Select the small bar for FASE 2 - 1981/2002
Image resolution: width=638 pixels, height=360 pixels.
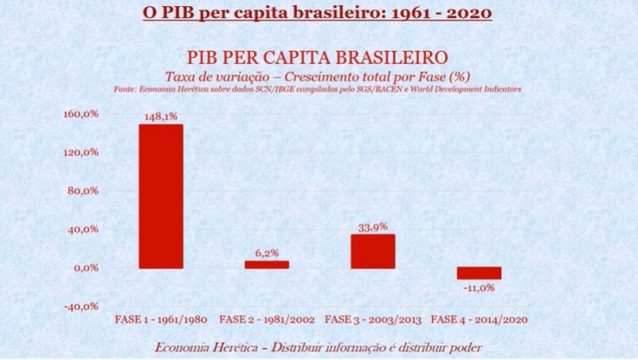pos(267,265)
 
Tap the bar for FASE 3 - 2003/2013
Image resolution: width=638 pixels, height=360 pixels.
pos(373,251)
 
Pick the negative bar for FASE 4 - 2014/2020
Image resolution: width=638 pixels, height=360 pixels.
pos(479,273)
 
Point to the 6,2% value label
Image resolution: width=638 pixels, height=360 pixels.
pos(267,254)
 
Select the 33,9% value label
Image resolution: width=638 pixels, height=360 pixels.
pos(373,227)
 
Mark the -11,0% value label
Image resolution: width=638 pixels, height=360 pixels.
pos(479,288)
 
